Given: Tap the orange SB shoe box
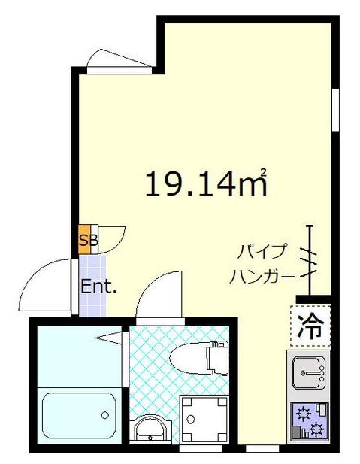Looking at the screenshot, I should pos(87,240).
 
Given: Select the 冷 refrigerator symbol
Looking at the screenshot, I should pos(309,326).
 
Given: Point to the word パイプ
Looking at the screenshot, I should pos(256,250).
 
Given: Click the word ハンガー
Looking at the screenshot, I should pos(262,277).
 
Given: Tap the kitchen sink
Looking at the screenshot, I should pos(309,371).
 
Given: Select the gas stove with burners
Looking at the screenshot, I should pos(309,422).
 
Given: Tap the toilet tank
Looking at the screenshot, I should pos(219,358).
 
